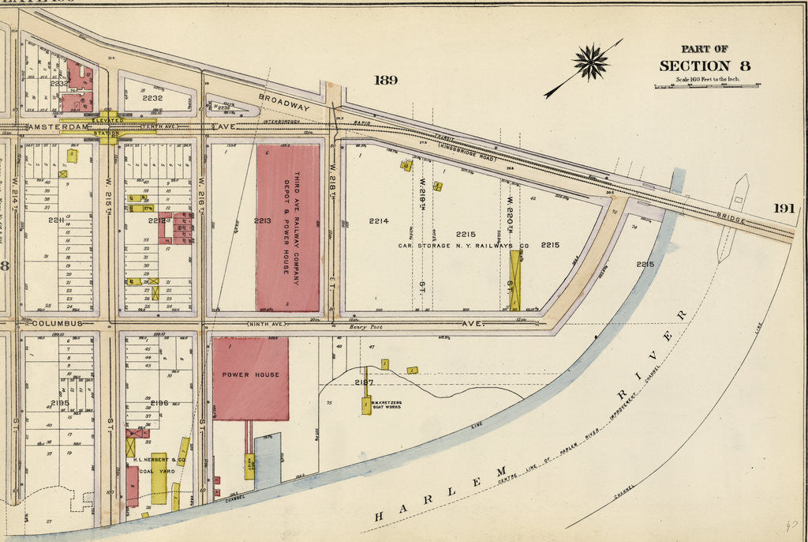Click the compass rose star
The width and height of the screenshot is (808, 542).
point(591,62)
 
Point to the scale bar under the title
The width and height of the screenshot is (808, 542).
point(705,85)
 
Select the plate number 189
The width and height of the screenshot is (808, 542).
point(386,80)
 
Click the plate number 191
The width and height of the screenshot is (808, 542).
point(784,208)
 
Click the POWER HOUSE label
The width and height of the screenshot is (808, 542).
point(250,375)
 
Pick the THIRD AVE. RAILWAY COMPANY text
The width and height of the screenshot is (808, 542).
point(297,223)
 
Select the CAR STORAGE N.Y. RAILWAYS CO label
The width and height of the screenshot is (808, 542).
point(473,246)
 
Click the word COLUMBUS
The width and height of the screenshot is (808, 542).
point(57,323)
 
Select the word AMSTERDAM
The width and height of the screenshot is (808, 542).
point(50,126)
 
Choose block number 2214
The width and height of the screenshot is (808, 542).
point(379,221)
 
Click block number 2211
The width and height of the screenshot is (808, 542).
point(55,220)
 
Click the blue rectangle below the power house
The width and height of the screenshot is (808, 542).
point(267,460)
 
